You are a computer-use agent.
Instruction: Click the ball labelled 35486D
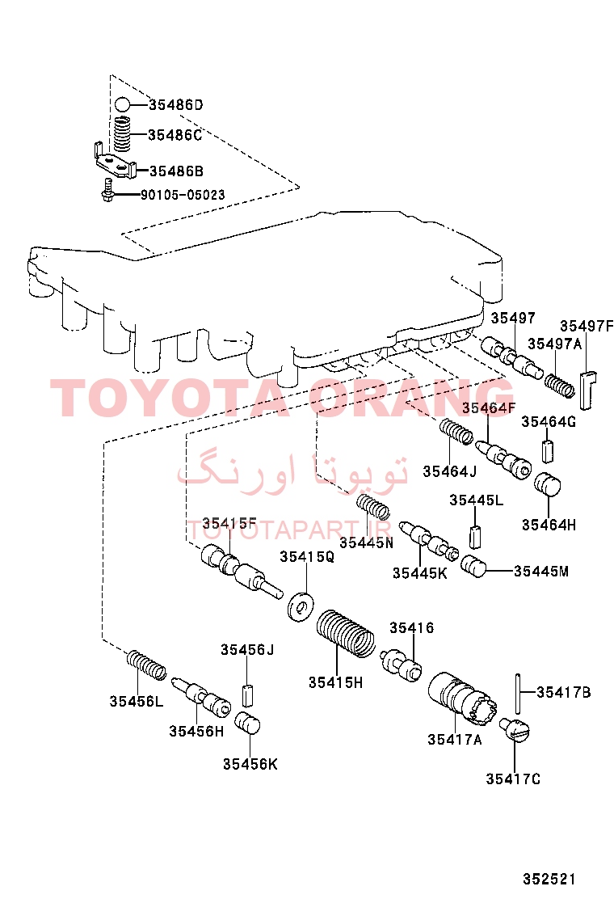click(x=122, y=105)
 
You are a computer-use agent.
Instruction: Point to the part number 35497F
click(x=586, y=326)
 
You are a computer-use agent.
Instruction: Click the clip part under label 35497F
click(x=587, y=390)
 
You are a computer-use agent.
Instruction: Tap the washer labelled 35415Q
click(x=301, y=606)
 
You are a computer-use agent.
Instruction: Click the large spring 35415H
click(x=346, y=634)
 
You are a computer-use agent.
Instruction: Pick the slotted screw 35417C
click(x=515, y=729)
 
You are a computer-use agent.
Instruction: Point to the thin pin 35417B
click(x=518, y=693)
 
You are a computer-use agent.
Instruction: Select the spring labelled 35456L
click(x=146, y=665)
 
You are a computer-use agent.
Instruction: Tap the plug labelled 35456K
click(x=248, y=723)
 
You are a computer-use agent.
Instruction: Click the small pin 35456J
click(x=247, y=694)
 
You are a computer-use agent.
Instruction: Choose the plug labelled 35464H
click(x=548, y=484)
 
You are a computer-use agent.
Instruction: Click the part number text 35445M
click(x=540, y=571)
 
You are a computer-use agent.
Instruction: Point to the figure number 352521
click(x=548, y=879)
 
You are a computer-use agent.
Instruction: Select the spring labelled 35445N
click(x=373, y=506)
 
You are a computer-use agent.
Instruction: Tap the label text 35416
click(x=411, y=628)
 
